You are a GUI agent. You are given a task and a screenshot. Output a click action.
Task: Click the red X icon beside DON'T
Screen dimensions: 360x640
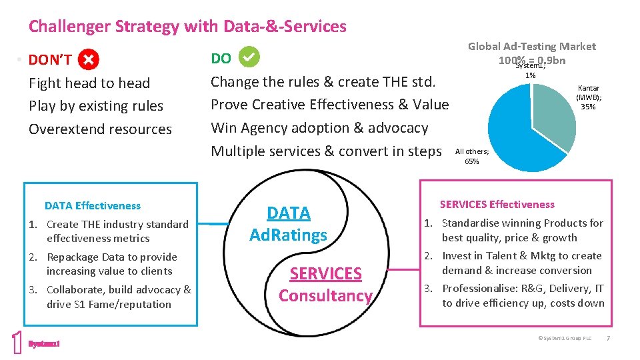[x=88, y=60]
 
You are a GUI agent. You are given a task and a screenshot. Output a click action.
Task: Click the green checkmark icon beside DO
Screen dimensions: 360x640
[x=249, y=58]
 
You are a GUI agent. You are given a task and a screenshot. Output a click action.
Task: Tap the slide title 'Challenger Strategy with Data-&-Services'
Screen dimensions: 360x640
[x=187, y=27]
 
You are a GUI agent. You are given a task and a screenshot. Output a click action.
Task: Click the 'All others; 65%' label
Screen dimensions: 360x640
[x=472, y=157]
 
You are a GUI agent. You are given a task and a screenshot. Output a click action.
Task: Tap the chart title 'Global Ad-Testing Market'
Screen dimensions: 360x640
[x=531, y=46]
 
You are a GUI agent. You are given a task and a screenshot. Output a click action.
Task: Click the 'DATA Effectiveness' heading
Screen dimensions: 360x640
[x=93, y=205]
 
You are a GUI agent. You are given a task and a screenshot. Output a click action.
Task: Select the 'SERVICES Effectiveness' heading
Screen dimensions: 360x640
[x=497, y=204]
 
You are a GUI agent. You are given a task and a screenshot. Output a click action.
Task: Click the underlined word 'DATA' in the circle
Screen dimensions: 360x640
[x=289, y=213]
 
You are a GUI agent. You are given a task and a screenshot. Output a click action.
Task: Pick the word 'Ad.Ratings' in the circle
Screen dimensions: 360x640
[x=289, y=235]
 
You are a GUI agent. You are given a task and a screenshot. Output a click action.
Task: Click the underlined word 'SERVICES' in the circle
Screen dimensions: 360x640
[x=325, y=274]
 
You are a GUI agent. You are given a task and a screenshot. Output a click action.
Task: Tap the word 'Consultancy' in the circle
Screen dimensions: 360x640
[x=325, y=295]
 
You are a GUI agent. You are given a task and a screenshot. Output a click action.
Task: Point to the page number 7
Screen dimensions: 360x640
[x=607, y=338]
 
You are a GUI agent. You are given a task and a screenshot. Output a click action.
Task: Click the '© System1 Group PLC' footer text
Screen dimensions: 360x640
[x=564, y=338]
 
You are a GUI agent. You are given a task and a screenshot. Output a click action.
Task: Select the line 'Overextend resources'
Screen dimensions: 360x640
[x=100, y=129]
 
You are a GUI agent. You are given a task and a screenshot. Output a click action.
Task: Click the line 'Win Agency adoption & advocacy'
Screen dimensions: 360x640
[x=319, y=127]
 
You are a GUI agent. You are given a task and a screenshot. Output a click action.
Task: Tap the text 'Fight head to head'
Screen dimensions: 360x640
[x=89, y=83]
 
